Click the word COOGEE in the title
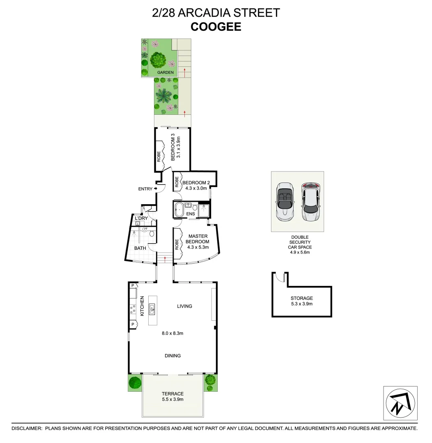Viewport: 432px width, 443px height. coord(216,27)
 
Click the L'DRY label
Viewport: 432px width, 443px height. coord(141,218)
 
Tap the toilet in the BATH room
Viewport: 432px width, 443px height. coord(152,234)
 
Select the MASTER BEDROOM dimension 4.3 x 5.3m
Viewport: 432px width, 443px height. coord(198,247)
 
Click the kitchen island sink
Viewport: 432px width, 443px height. coord(152,309)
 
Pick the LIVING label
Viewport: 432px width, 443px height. coord(184,306)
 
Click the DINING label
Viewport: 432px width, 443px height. coord(172,356)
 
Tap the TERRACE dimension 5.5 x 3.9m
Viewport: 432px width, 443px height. coord(172,400)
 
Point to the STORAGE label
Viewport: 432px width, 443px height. coord(301,298)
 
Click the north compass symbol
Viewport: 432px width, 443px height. coord(400,403)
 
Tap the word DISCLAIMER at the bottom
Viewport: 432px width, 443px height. coord(27,428)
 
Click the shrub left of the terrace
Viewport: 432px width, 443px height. coord(134,382)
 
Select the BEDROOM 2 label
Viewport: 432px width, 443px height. coord(196,183)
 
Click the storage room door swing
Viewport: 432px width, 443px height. coord(280,278)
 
